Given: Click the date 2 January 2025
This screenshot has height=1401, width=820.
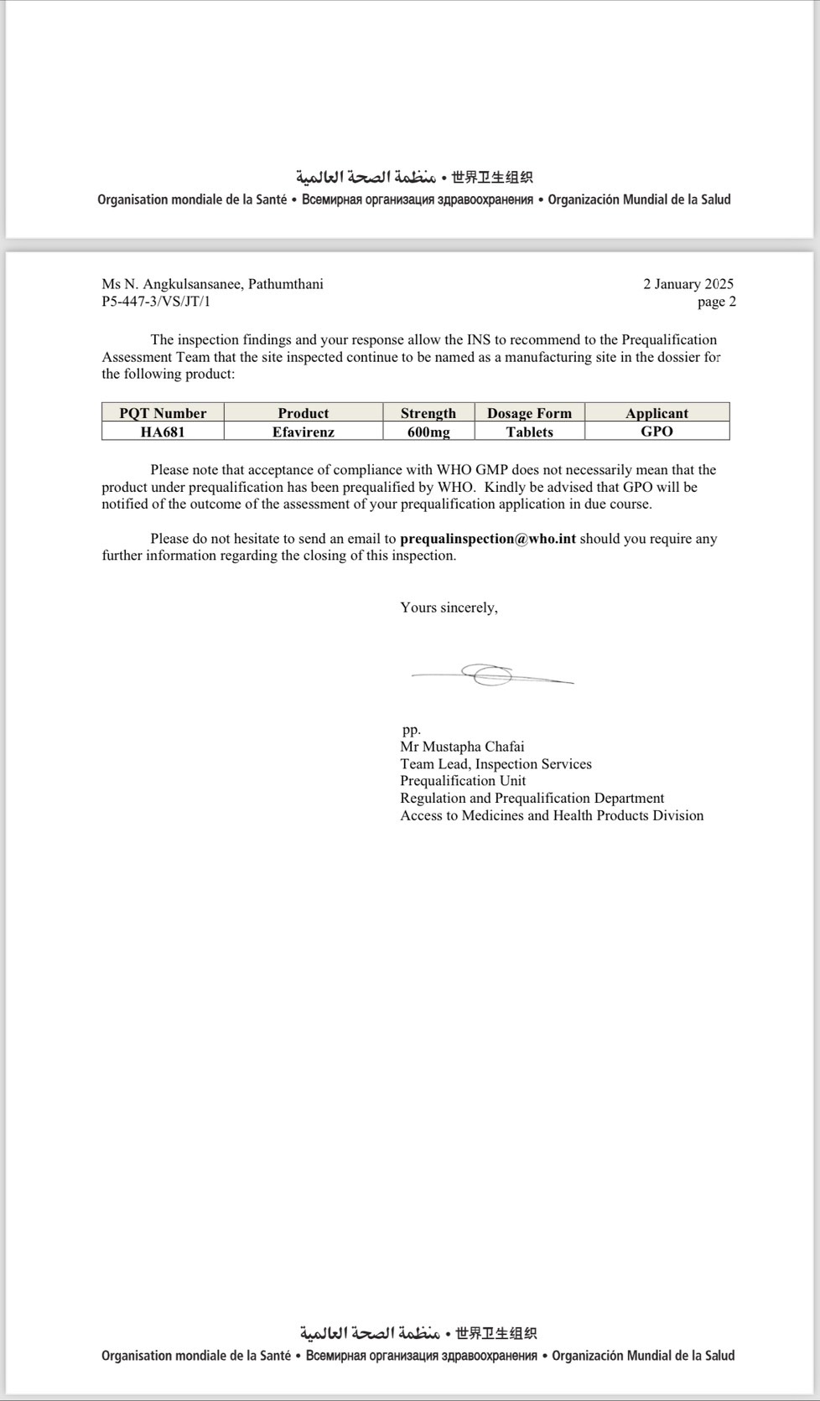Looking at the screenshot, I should (688, 284).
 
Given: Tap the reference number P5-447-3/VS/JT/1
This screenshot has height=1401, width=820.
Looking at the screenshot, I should (156, 302).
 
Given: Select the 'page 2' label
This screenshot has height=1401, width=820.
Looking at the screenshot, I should (716, 302).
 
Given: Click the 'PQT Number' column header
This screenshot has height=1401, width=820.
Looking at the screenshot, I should (163, 413).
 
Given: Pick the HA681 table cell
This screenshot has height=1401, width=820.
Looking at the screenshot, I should (163, 432).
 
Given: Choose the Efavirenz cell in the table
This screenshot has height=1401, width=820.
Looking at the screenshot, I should (303, 432).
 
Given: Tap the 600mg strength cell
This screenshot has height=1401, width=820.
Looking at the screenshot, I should (428, 432).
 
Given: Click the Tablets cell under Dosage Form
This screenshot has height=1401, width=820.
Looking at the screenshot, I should (529, 432).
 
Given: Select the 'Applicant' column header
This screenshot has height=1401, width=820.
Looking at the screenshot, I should (657, 413).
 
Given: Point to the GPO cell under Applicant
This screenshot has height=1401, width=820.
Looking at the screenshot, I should (657, 432).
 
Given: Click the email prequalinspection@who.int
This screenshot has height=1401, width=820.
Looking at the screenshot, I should (488, 539).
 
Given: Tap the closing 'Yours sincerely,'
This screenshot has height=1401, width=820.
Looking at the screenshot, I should (449, 607).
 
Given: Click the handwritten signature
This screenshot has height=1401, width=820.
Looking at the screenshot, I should (490, 675).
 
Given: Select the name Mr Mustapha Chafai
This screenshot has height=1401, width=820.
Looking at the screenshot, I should (462, 747).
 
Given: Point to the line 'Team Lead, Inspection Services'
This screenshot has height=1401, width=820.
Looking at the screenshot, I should (496, 764).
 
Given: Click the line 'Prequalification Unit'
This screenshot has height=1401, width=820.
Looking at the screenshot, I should (463, 781).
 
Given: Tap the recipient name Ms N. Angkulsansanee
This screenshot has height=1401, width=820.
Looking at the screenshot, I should (172, 284).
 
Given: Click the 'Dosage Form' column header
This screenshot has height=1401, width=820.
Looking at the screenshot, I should (529, 413).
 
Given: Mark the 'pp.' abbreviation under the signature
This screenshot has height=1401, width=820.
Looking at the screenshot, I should (411, 730).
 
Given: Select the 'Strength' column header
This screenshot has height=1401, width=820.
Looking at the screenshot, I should (428, 413).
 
